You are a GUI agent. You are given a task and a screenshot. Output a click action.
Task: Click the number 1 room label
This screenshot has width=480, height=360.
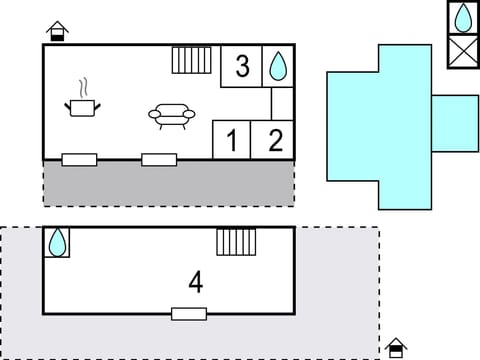232,141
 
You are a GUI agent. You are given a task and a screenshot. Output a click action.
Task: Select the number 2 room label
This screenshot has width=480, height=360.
275,141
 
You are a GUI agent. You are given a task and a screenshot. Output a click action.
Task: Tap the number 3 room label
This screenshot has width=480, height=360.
242,67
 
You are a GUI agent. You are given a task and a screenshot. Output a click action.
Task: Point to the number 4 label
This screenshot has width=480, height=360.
196,282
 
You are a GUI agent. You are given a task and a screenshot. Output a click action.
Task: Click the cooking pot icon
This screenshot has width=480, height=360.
81,105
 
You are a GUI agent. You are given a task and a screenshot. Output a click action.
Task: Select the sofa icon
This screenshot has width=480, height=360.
171,116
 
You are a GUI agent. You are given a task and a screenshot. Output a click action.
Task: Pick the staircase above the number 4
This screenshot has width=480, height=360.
236,242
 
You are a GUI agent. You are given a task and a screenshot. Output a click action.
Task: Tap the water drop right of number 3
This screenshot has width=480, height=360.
278,66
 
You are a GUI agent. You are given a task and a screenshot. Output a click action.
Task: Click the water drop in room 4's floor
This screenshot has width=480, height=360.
58,241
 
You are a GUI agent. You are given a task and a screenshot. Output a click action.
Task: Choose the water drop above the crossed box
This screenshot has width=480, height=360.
463,18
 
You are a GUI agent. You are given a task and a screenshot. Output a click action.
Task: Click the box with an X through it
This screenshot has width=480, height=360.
463,50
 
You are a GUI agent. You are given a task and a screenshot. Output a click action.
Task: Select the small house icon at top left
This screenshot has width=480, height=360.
58,30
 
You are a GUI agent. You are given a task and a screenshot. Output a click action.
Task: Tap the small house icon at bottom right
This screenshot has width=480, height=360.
396,347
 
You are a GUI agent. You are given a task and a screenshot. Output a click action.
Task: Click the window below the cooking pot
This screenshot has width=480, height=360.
79,159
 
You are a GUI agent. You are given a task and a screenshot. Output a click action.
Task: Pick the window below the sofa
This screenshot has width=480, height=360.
159,159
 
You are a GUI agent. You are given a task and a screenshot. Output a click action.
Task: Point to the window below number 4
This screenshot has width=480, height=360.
189,313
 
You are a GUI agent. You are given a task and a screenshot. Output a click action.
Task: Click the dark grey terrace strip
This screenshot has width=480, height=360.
168,183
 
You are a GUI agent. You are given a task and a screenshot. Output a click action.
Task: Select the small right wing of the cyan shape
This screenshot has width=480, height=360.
455,123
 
